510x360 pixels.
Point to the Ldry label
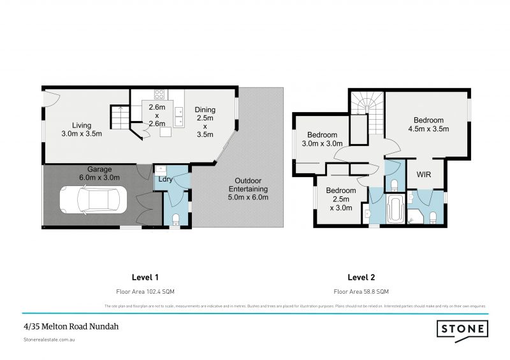tap(165, 180)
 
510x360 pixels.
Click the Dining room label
tap(205, 122)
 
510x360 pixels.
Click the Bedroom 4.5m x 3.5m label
tap(428, 124)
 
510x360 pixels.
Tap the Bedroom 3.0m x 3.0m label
tap(322, 139)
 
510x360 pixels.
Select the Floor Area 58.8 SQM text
tap(361, 291)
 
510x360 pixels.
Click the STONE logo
tap(462, 329)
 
